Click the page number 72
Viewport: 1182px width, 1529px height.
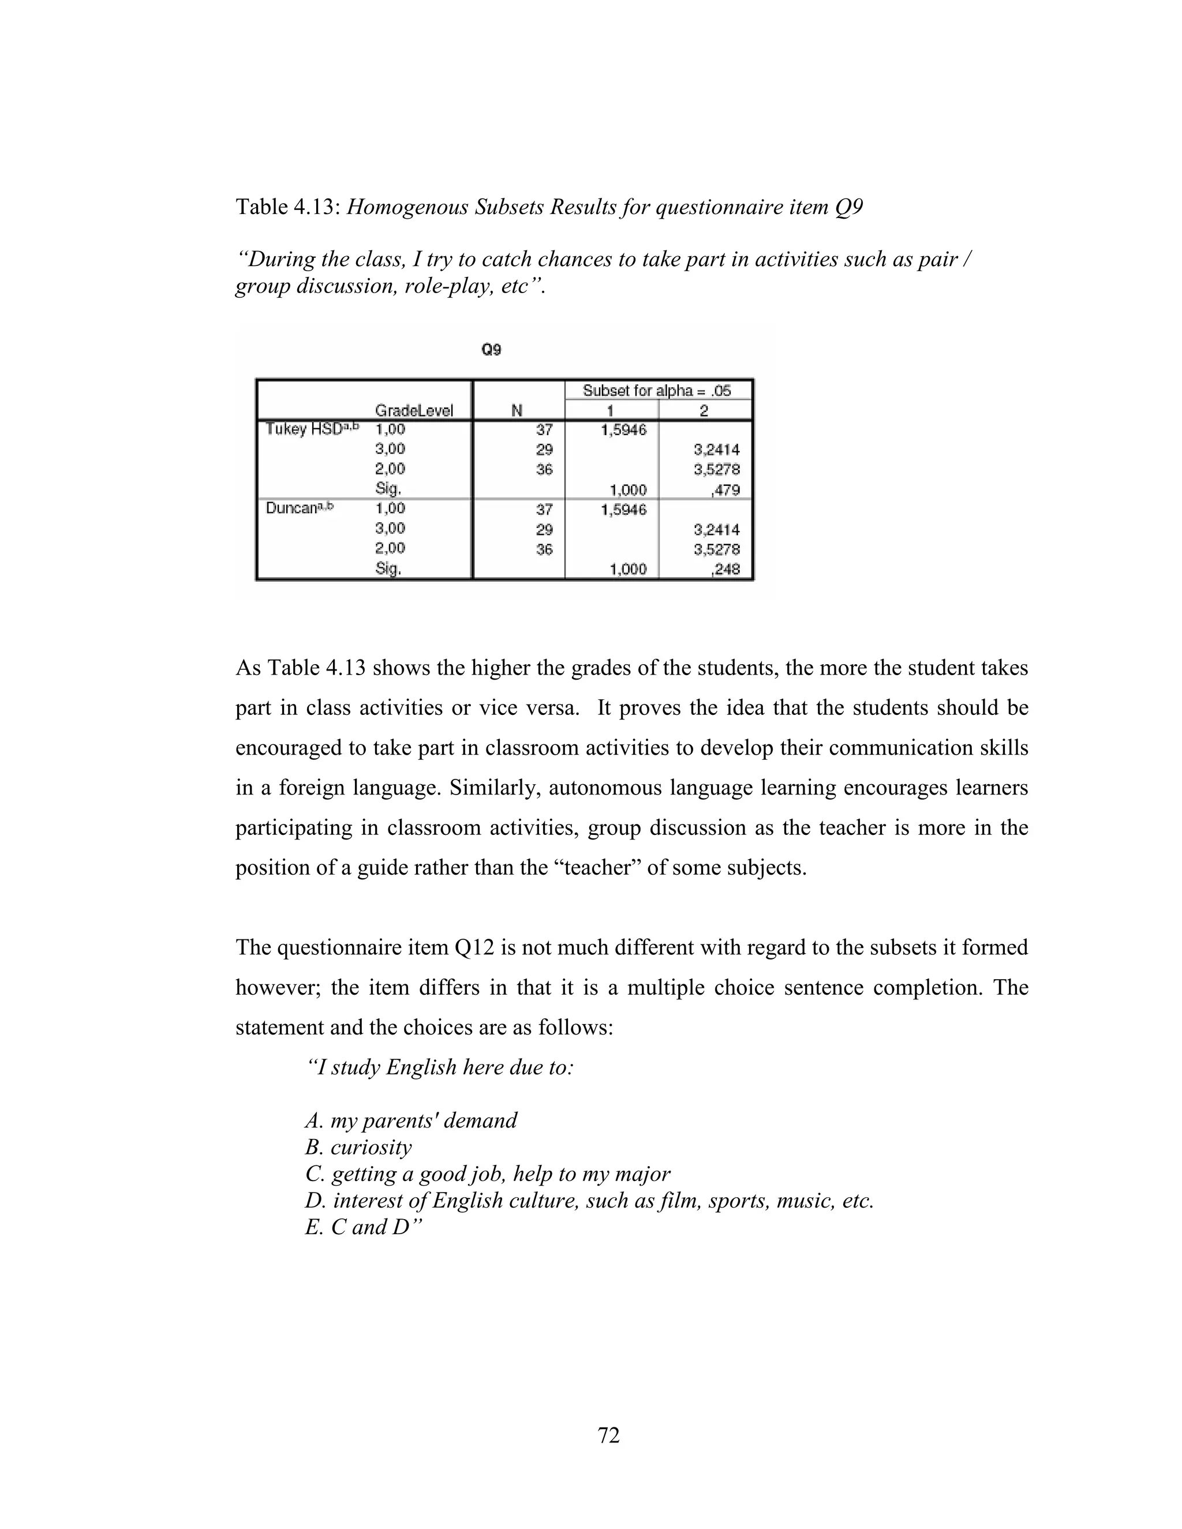tap(608, 1434)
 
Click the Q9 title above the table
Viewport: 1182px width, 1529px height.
tap(491, 349)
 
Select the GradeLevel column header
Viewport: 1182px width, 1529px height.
tap(414, 410)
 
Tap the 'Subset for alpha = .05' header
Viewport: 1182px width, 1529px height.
tap(656, 391)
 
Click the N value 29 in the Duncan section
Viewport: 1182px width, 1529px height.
tap(544, 529)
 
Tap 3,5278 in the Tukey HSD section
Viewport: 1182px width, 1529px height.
tap(716, 469)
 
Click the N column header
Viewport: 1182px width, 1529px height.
tap(517, 410)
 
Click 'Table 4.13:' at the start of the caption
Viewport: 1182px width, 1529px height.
tap(288, 207)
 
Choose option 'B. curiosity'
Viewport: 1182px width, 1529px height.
tap(358, 1147)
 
